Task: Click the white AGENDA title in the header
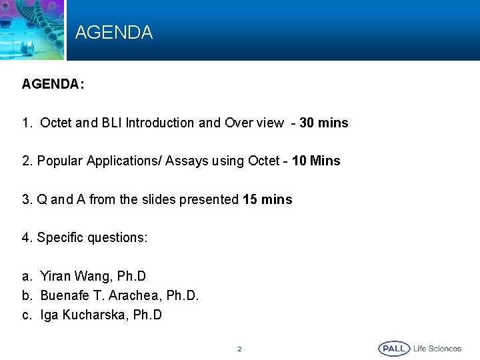pos(114,32)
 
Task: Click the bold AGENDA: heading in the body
pos(53,85)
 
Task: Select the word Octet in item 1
pos(56,123)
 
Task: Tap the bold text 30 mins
pos(324,123)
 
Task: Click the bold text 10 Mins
pos(316,161)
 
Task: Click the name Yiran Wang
pos(75,276)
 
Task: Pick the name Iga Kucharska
pos(84,315)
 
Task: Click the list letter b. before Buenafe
pos(27,295)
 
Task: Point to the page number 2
pos(240,349)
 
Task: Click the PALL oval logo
pos(394,349)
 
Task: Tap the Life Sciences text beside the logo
pos(437,349)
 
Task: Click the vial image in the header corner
pos(27,33)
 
